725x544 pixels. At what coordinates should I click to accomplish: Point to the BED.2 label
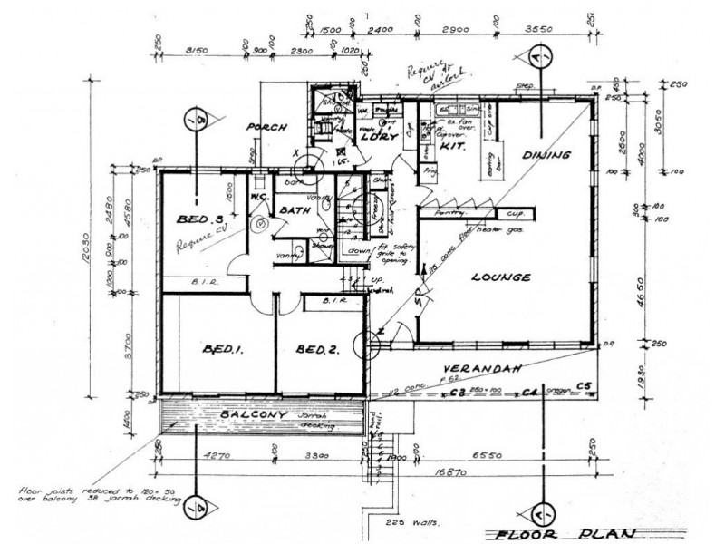point(316,349)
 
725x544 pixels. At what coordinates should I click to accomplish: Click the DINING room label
point(546,155)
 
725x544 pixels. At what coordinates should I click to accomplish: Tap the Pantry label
point(450,211)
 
